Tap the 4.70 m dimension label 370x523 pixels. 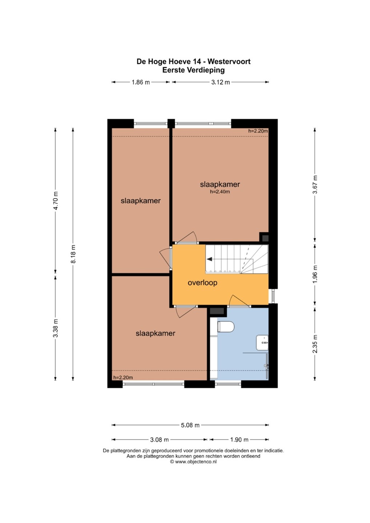[56, 200]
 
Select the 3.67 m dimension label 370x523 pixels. [315, 184]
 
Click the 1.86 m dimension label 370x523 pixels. [141, 82]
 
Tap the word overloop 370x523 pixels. [202, 283]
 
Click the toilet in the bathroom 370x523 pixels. [226, 327]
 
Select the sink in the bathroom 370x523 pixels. [262, 342]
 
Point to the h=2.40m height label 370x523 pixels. [220, 192]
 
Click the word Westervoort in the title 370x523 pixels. [229, 61]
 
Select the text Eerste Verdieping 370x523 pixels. [193, 70]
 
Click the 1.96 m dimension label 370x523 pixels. [315, 274]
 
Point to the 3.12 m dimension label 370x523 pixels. [221, 82]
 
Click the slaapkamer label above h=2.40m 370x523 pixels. [220, 185]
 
